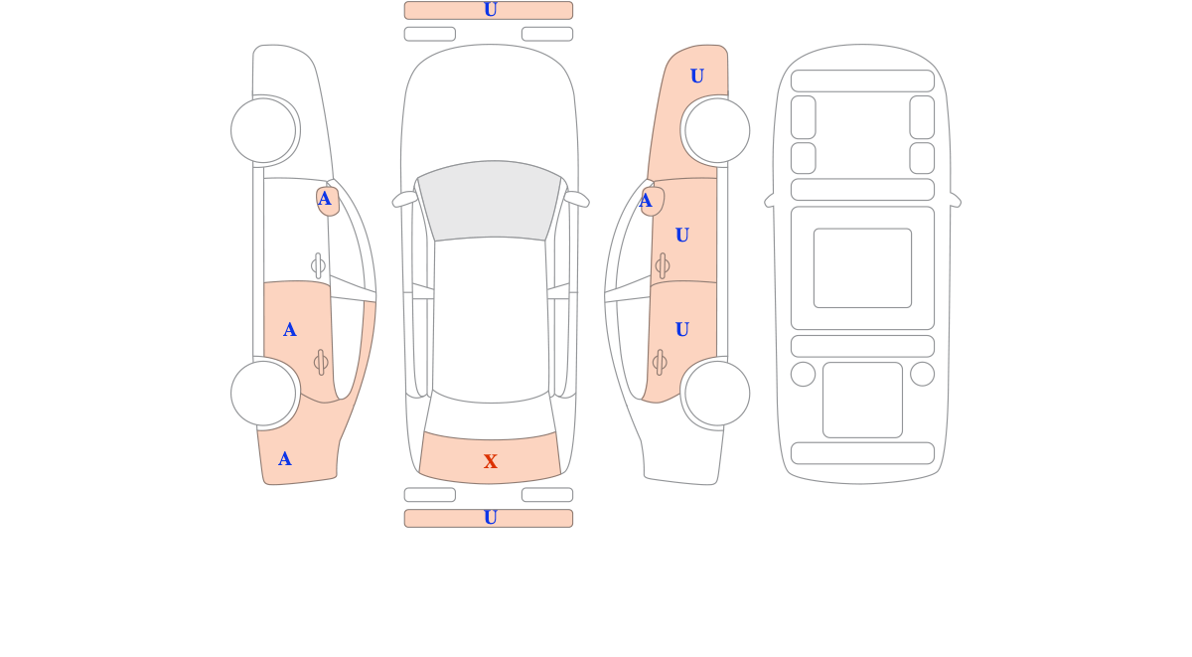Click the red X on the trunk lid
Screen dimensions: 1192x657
point(490,461)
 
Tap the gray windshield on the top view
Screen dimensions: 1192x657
point(490,201)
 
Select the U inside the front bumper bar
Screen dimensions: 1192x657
point(490,10)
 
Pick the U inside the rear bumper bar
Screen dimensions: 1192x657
point(490,517)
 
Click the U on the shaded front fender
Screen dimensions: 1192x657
point(697,76)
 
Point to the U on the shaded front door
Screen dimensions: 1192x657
point(682,235)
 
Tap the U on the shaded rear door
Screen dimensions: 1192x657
point(682,329)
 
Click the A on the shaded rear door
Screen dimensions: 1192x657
point(289,330)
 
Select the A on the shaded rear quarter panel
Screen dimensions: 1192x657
point(285,458)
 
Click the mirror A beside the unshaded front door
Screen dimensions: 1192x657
point(324,199)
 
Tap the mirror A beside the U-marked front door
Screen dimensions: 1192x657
point(646,201)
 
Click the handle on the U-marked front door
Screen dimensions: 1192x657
point(663,265)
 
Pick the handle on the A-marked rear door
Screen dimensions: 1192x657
point(321,363)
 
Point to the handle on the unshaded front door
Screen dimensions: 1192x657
point(318,265)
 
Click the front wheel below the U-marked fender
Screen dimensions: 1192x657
point(717,130)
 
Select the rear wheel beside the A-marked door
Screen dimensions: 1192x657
point(263,394)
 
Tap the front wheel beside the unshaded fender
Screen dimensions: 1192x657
point(263,130)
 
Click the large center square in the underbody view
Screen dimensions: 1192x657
point(862,267)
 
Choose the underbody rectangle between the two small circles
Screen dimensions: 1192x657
point(862,400)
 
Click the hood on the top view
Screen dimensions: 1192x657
point(490,106)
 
